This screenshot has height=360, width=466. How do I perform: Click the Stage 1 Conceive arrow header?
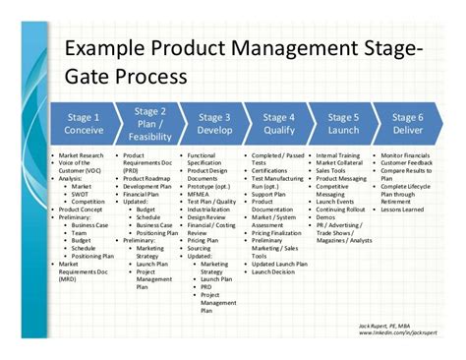84,124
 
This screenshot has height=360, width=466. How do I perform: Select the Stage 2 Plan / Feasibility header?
147,124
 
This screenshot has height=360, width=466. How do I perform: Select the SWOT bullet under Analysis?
81,192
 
